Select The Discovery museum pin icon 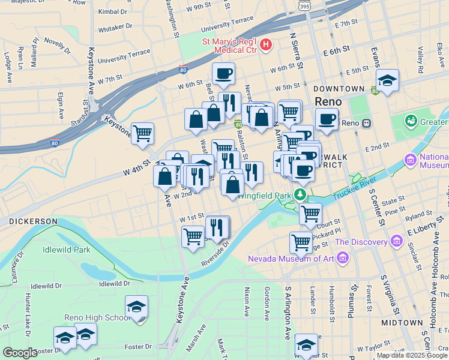396,242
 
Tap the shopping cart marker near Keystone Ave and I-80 142,134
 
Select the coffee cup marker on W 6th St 223,74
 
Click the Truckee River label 358,188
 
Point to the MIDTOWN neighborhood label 402,323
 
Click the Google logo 20,353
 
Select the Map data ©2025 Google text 412,355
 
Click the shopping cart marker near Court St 310,214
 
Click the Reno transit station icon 366,123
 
